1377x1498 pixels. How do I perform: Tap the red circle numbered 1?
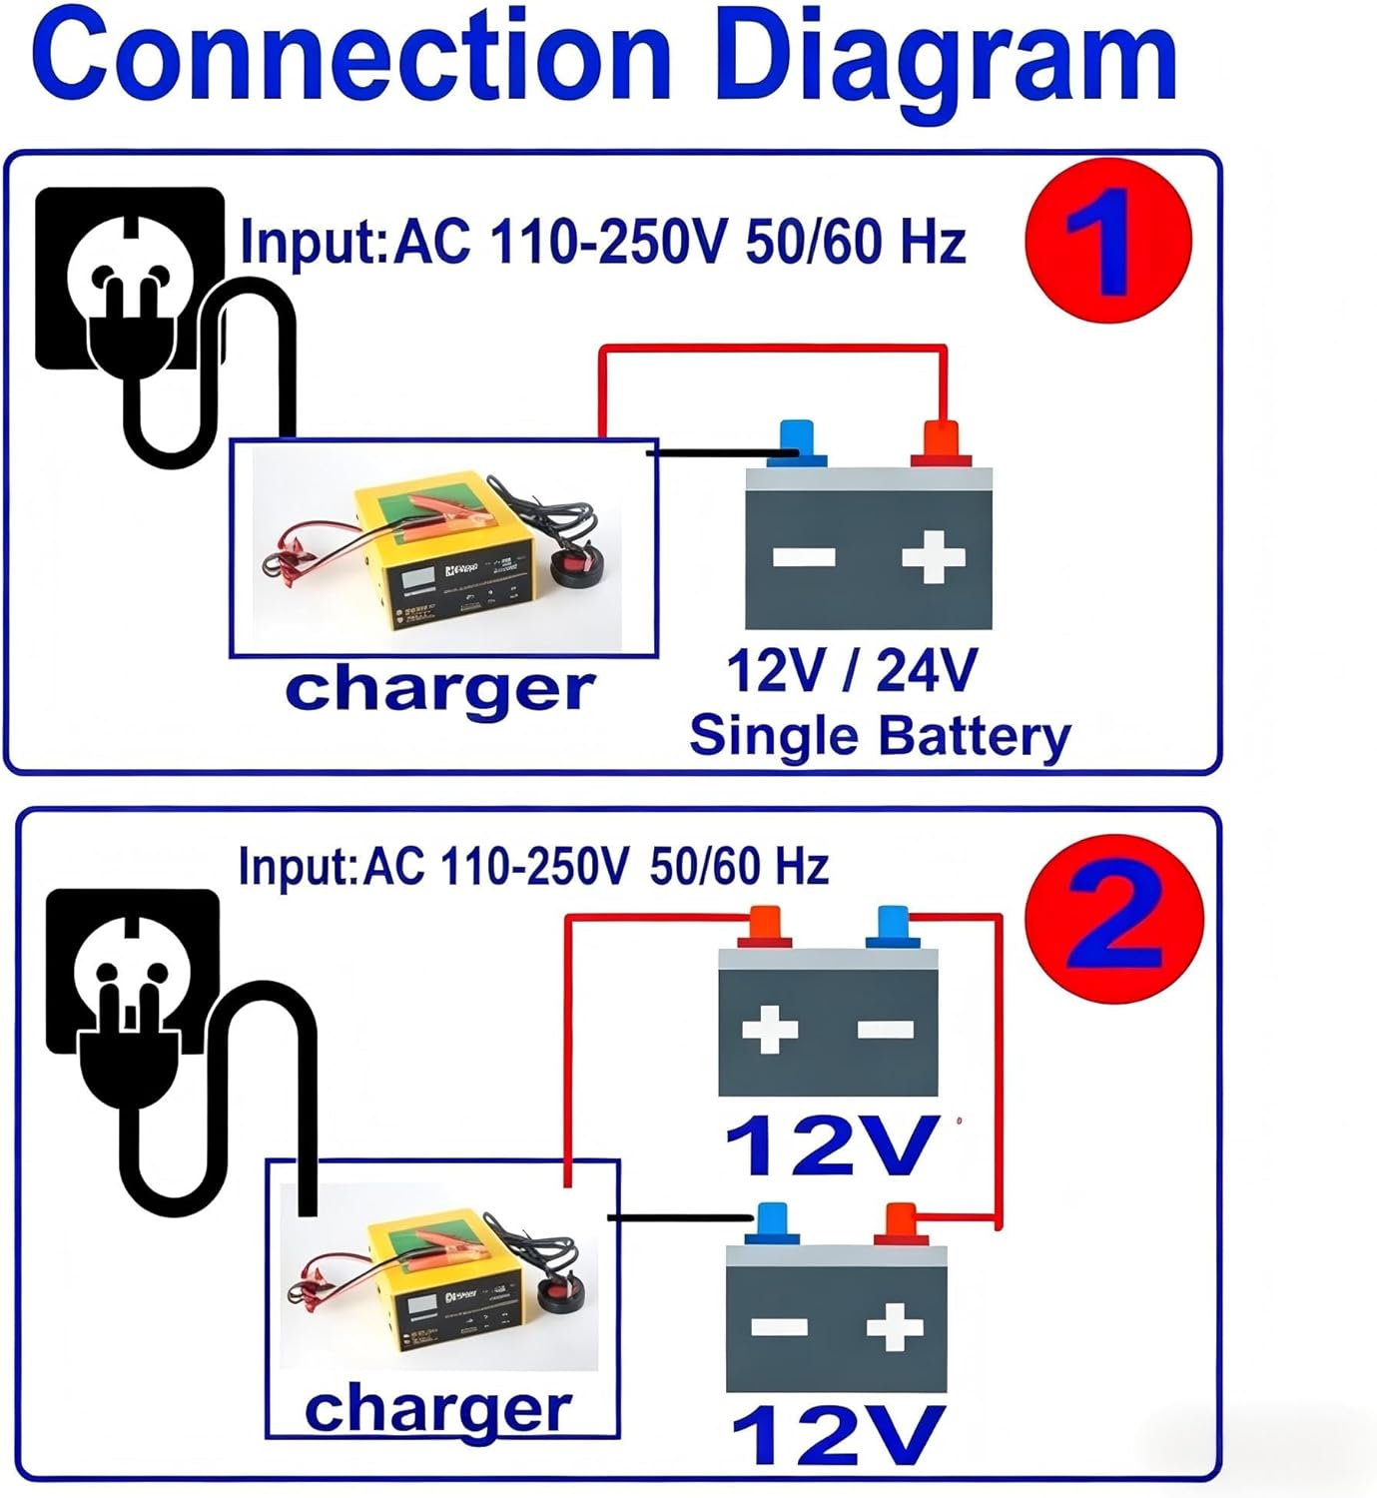[x=1107, y=241]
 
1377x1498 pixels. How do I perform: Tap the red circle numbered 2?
[x=1114, y=919]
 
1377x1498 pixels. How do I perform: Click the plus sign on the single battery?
[x=933, y=556]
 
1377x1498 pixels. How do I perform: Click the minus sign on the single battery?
[x=804, y=557]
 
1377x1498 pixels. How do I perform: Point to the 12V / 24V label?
[x=851, y=670]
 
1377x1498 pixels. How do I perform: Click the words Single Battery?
[x=879, y=736]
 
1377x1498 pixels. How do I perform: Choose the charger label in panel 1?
[x=439, y=690]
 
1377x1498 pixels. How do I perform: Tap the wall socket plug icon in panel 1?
[x=130, y=280]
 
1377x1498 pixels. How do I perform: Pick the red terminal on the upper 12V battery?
[x=765, y=926]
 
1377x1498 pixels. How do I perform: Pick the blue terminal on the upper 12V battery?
[x=893, y=926]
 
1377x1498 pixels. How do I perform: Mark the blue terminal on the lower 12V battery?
[x=772, y=1224]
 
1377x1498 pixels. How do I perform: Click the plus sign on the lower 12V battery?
[x=894, y=1327]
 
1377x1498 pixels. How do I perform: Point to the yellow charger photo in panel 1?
[x=439, y=549]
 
